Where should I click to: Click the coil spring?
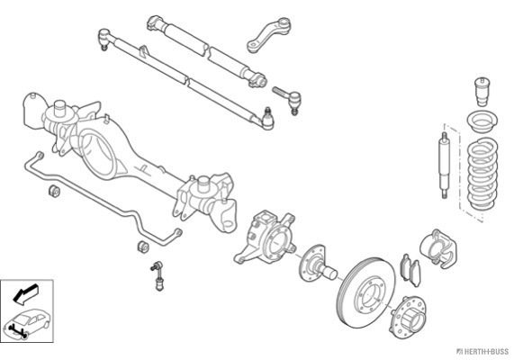[x=482, y=175]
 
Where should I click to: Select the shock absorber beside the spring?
[x=445, y=166]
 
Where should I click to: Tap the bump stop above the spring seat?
[x=482, y=92]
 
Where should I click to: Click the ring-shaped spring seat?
[x=482, y=122]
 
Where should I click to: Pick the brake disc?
[x=366, y=292]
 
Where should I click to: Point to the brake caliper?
[x=438, y=248]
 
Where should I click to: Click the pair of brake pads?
[x=410, y=269]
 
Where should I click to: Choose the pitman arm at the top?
[x=269, y=35]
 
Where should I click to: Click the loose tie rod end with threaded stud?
[x=287, y=98]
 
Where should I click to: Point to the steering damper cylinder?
[x=206, y=50]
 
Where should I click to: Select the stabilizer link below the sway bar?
[x=158, y=275]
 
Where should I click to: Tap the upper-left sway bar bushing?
[x=54, y=191]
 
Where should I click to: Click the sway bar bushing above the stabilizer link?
[x=143, y=247]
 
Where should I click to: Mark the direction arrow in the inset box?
[x=25, y=292]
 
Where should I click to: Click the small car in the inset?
[x=26, y=323]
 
